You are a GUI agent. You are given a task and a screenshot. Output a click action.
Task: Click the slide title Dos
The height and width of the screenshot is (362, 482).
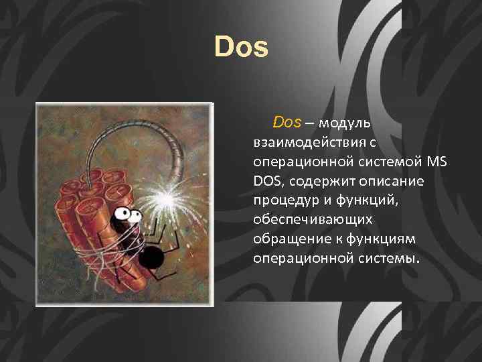pyautogui.click(x=241, y=47)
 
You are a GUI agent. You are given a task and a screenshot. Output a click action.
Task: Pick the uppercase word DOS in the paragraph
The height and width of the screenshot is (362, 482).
pyautogui.click(x=268, y=181)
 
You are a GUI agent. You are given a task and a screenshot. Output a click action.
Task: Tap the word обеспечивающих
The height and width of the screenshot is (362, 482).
pyautogui.click(x=309, y=220)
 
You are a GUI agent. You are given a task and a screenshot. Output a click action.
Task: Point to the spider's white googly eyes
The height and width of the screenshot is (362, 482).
pyautogui.click(x=131, y=215)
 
